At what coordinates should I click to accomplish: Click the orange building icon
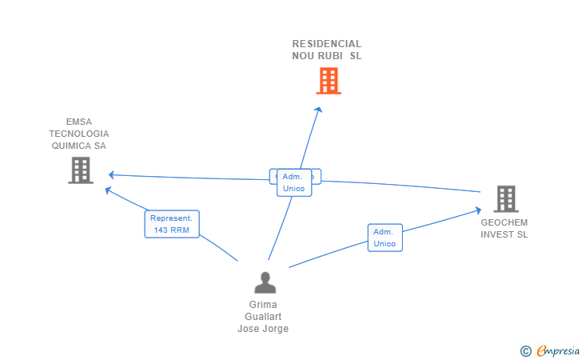(329, 81)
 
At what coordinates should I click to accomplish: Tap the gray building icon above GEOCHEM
(505, 198)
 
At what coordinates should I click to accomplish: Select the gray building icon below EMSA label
(81, 170)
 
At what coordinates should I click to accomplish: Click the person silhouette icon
(265, 282)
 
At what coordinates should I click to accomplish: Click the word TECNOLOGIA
(78, 134)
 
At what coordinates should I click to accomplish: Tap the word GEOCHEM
(504, 222)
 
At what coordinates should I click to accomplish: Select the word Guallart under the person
(263, 317)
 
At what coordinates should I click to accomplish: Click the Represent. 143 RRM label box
(171, 224)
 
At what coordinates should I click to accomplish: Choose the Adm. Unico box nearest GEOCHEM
(385, 238)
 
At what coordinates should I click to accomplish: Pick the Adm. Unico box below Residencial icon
(293, 182)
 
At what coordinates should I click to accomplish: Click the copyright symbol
(525, 350)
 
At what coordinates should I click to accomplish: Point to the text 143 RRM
(171, 230)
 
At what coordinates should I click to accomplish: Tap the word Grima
(263, 305)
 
